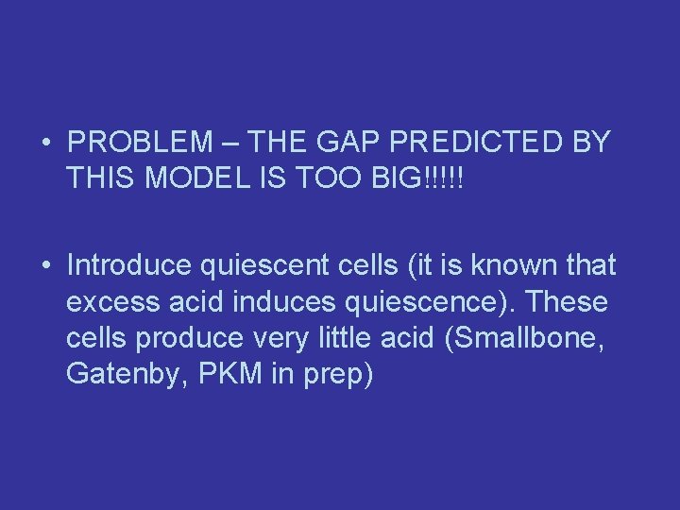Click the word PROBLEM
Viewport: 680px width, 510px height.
pos(142,143)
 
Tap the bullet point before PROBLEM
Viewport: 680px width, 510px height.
pos(45,144)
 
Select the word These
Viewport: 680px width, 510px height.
pos(570,303)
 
